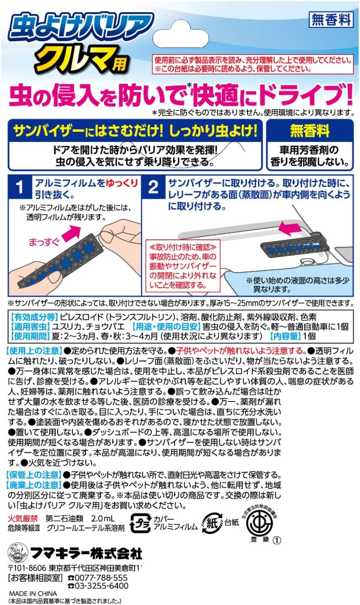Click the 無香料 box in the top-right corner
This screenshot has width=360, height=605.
[x=331, y=19]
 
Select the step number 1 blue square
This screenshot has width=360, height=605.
[x=19, y=188]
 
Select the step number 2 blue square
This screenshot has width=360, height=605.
[x=153, y=188]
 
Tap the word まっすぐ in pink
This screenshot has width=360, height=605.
[x=44, y=242]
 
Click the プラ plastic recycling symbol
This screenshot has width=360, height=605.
[x=140, y=523]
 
